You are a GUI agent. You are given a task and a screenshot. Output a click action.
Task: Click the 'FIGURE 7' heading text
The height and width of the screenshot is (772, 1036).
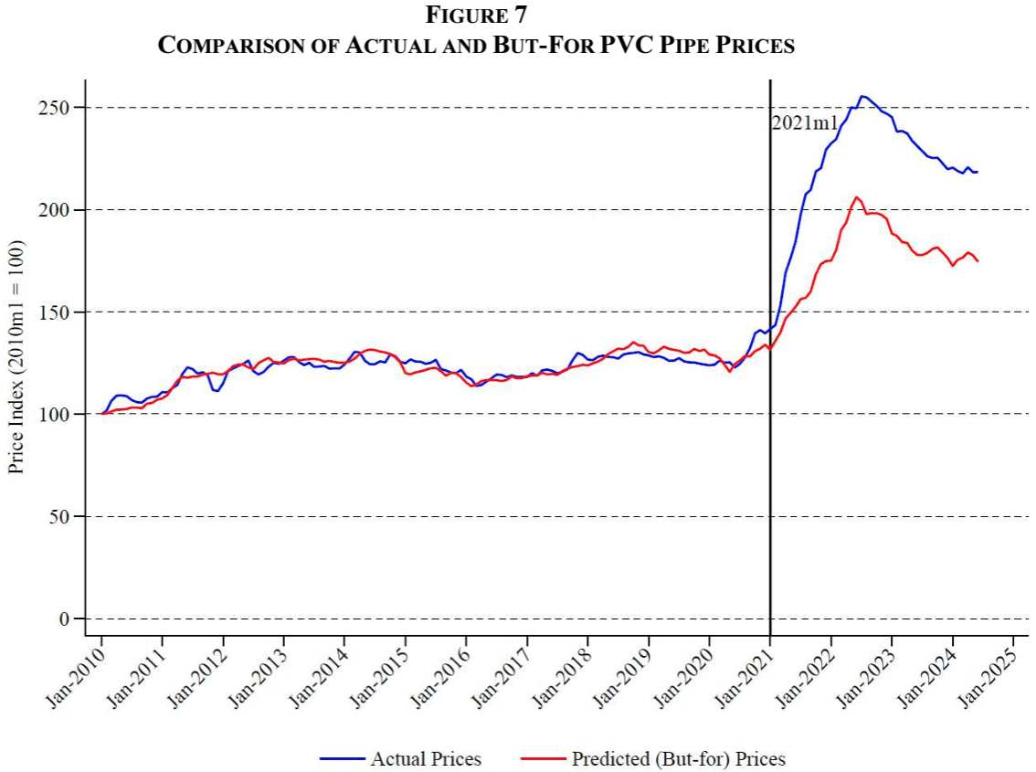point(475,15)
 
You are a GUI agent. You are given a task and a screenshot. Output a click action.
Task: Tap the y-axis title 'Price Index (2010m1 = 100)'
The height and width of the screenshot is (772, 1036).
point(16,357)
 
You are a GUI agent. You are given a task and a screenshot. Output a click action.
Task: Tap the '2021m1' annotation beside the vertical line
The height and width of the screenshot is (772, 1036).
point(805,123)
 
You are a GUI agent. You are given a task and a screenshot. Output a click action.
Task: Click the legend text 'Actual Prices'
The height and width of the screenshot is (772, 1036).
point(426,758)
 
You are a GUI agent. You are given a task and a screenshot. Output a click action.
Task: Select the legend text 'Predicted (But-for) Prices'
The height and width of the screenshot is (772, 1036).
point(678,758)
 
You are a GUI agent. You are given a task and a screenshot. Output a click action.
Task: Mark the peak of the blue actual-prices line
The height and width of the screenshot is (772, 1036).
point(862,96)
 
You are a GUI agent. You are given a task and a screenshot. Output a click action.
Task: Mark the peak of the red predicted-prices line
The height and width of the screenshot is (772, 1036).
point(856,196)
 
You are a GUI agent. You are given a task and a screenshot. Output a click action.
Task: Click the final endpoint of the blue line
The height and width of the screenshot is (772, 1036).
point(977,172)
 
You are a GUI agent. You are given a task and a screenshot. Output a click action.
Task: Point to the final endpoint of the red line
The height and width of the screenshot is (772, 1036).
point(978,261)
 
